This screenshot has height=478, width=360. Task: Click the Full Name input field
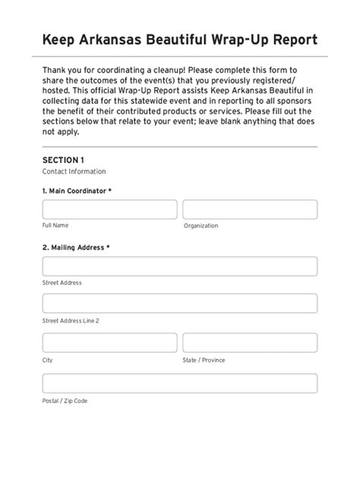pos(109,209)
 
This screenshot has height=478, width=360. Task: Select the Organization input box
pos(250,209)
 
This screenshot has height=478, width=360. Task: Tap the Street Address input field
pos(180,266)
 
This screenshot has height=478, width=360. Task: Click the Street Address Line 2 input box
pos(180,303)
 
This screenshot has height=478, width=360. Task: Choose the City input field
pos(109,344)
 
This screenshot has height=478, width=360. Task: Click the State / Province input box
pos(250,344)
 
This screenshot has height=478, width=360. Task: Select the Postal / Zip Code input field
pos(180,383)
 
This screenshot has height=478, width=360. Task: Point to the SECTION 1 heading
pos(63,160)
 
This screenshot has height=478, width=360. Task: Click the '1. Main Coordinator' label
pos(77,190)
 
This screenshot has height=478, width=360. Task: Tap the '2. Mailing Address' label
pos(76,247)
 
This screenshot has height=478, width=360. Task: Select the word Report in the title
pos(292,39)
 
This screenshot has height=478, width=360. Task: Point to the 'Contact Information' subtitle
pos(74,171)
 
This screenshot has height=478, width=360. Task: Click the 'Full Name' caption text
pos(55,225)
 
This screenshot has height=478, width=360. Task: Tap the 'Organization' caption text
pos(201,225)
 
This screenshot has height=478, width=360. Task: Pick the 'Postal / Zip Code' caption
pos(65,401)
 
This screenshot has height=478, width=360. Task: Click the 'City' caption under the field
pos(48,360)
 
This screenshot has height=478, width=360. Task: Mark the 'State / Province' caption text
pos(204,360)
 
